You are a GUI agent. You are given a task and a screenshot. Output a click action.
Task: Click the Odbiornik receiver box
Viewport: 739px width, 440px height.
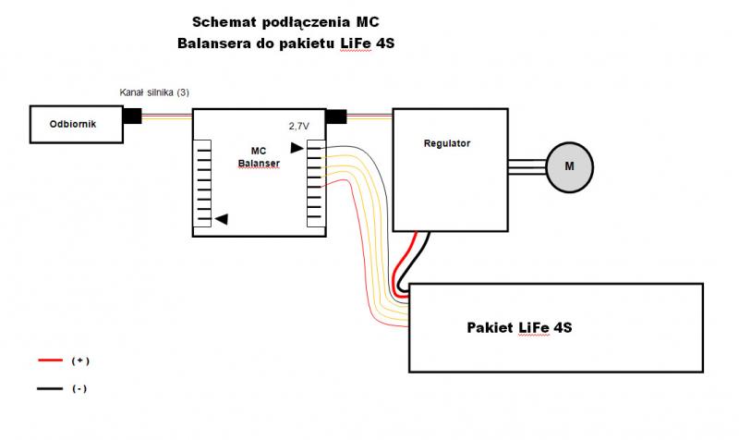tap(76, 124)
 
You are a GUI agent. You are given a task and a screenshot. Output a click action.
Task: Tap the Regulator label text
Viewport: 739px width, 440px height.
tap(447, 143)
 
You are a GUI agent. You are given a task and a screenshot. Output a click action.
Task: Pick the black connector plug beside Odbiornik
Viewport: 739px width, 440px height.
tap(132, 116)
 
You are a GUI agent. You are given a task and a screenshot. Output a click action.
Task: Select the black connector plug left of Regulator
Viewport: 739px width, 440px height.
tap(336, 116)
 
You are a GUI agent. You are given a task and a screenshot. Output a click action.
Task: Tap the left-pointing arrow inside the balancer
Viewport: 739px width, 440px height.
tap(221, 219)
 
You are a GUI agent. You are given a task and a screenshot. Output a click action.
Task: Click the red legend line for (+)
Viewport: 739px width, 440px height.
tap(50, 360)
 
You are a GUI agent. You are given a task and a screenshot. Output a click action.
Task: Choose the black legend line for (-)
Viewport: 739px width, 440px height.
tap(50, 389)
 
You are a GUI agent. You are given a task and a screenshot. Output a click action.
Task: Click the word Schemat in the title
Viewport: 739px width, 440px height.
tap(224, 20)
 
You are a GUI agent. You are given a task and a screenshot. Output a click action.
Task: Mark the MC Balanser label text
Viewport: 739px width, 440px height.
tap(258, 156)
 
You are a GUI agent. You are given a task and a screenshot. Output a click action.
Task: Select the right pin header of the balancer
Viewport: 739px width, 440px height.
tap(315, 183)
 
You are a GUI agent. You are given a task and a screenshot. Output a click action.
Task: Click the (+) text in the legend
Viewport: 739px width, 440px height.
tap(80, 360)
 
